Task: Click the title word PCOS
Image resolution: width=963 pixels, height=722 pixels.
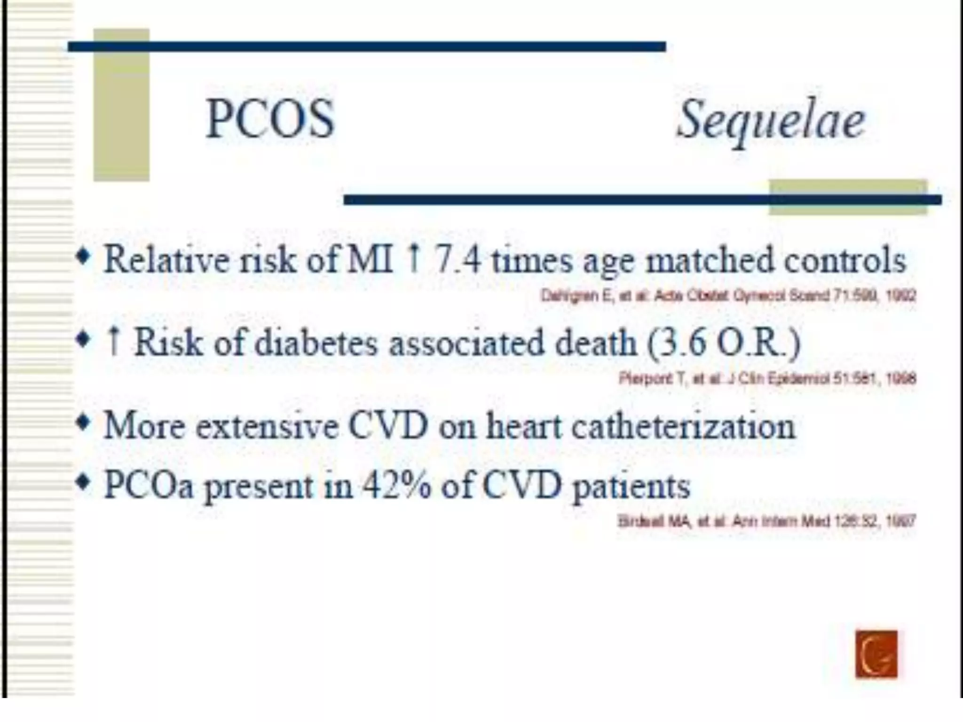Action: pos(270,120)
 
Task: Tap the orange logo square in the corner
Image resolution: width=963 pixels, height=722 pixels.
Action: pos(876,654)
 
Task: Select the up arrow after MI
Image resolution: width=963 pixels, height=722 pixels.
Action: pos(414,259)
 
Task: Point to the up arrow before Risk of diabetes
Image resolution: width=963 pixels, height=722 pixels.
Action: pos(113,342)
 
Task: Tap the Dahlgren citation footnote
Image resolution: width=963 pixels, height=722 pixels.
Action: pos(728,296)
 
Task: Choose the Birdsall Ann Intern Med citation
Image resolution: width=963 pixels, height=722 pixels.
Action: pos(766,521)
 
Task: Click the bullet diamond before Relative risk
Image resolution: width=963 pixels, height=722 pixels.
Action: pos(84,258)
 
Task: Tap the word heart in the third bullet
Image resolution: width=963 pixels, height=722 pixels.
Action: pos(523,426)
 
